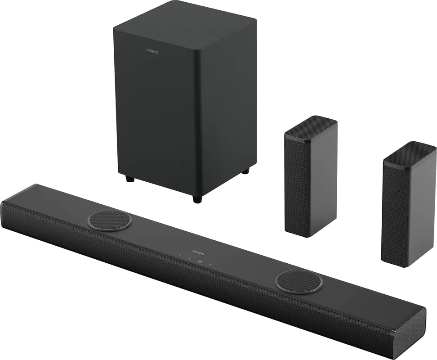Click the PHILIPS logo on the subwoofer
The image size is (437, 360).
(x=152, y=51)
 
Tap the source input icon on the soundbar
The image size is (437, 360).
(x=200, y=261)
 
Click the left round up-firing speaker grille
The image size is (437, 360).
(x=110, y=220)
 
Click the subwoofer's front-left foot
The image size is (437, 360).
(x=129, y=179)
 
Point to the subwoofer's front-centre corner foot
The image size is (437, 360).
(x=197, y=199)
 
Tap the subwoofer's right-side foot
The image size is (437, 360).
(x=245, y=171)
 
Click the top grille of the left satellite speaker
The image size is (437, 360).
(x=311, y=127)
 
